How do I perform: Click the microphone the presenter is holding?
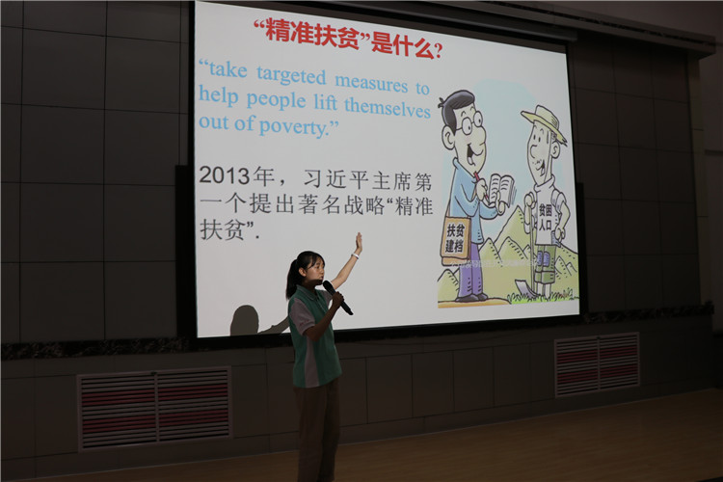point(337,298)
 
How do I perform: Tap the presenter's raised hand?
point(358,243)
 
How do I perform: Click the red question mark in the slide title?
point(438,51)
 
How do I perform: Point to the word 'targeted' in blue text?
point(291,75)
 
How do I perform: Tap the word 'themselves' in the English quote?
point(388,108)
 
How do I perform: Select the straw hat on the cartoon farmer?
point(545,121)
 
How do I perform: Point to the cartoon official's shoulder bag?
point(455,238)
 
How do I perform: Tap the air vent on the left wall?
point(154,408)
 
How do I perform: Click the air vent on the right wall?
point(597,364)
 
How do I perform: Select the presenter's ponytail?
point(292,279)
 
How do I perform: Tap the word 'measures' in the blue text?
point(372,82)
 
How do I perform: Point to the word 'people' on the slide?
point(276,100)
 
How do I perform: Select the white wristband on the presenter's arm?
point(355,255)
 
